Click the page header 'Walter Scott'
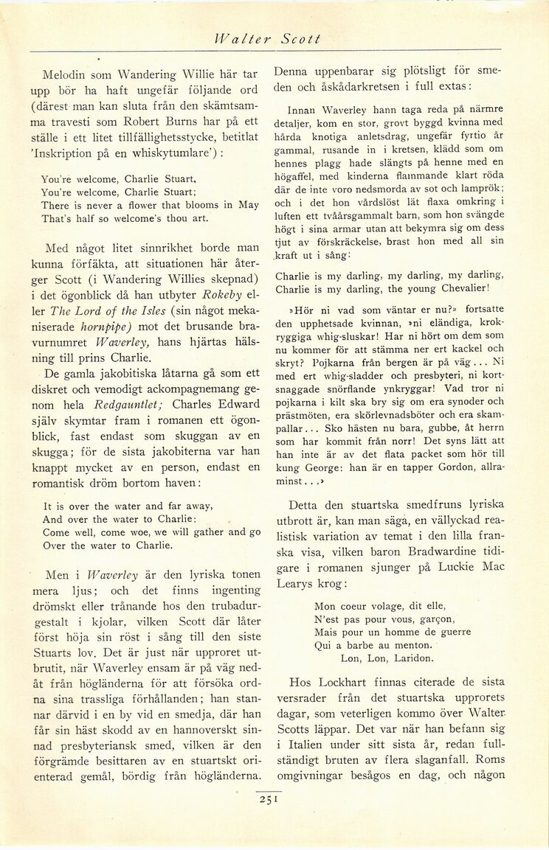coord(266,39)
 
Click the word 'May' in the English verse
coord(249,206)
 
